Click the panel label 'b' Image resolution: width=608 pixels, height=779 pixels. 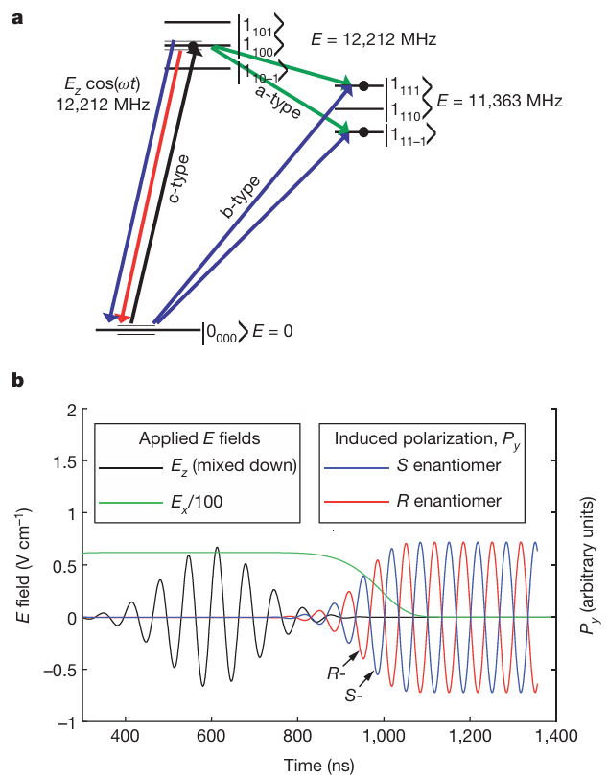[16, 380]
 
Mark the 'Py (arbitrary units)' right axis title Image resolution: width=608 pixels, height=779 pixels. [587, 566]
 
